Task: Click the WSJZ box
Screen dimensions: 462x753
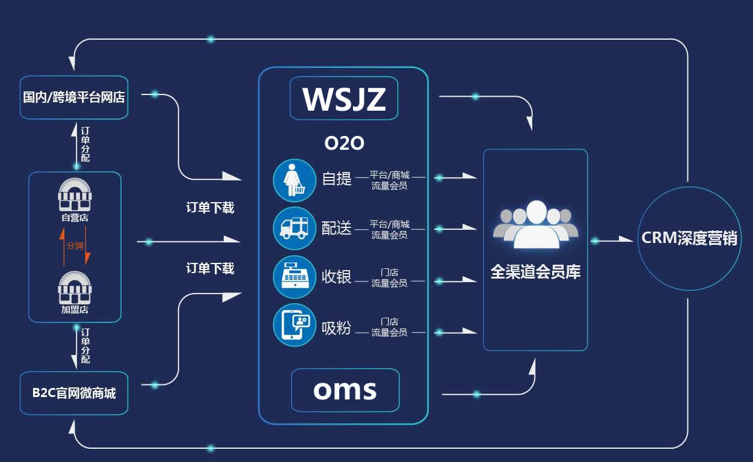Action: coord(343,98)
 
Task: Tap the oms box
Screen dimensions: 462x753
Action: coord(345,390)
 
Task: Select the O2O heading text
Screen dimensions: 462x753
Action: coord(344,143)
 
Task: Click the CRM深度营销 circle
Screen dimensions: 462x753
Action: coord(689,238)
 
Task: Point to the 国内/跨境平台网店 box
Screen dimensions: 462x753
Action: coord(74,97)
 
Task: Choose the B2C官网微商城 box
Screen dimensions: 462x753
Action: coord(74,393)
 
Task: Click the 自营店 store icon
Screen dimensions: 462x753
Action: coord(75,194)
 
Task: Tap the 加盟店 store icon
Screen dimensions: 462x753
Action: coord(75,288)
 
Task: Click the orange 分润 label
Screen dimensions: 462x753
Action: coord(75,245)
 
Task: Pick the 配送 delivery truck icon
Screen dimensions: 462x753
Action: coord(294,228)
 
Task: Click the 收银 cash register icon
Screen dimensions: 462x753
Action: coord(294,277)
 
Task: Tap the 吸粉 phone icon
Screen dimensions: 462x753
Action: coord(294,325)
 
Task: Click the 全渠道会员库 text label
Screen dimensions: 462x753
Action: coord(535,273)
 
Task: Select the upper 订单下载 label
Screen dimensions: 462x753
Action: coord(210,208)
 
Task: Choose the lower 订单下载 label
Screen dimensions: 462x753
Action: coord(210,269)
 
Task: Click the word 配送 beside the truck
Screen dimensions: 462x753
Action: coord(336,229)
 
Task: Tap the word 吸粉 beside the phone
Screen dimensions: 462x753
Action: coord(336,328)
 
